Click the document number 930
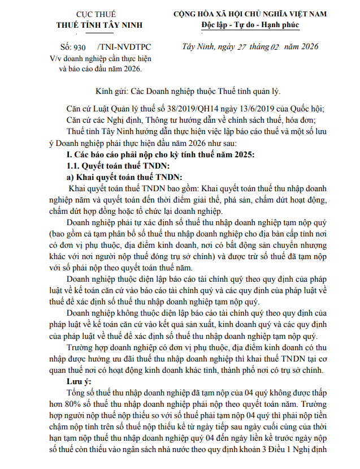79,48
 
